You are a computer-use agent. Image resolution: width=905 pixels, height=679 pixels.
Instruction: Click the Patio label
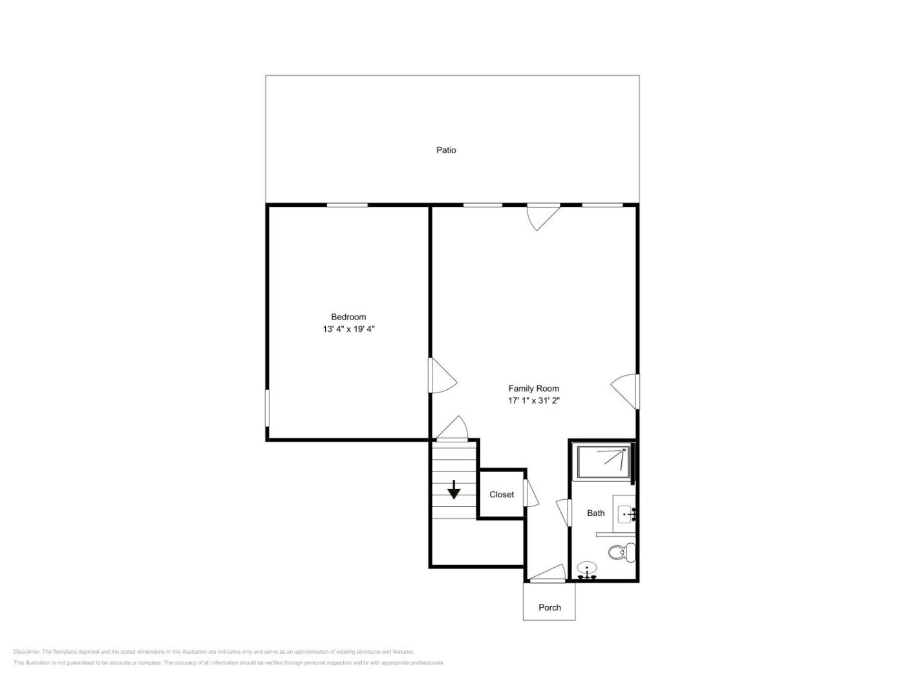click(446, 150)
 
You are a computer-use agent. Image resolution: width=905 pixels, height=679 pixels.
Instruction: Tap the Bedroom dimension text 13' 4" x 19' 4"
click(348, 329)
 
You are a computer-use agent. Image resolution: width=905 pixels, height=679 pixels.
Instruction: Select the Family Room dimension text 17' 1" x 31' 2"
click(533, 400)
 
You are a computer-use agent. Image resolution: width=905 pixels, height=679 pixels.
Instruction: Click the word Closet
click(502, 494)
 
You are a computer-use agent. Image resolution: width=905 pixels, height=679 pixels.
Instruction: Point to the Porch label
click(549, 607)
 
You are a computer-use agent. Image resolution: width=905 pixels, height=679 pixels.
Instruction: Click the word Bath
click(596, 513)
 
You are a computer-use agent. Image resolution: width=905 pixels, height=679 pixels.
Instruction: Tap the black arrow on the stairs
click(454, 490)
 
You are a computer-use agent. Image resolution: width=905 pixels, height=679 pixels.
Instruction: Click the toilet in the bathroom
click(622, 552)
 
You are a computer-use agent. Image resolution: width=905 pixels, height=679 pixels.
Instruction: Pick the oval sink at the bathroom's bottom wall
click(587, 570)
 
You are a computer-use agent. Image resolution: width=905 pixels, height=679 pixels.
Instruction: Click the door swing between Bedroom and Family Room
click(443, 375)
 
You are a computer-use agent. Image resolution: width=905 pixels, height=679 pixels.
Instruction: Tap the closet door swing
click(531, 493)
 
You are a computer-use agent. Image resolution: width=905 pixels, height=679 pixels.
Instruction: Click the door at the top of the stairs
click(452, 429)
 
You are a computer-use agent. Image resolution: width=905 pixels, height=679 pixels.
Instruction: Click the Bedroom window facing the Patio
click(347, 205)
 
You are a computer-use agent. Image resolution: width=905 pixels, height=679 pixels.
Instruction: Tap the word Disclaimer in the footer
click(27, 652)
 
